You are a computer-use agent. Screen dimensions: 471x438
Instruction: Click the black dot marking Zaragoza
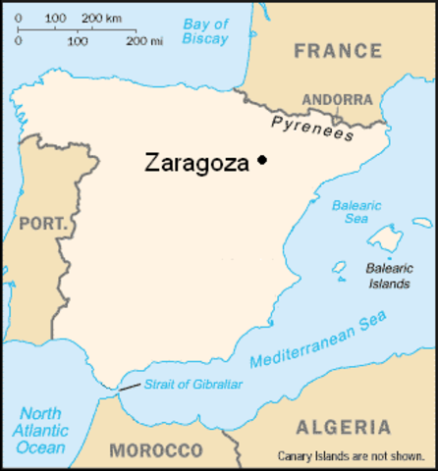[x=262, y=160]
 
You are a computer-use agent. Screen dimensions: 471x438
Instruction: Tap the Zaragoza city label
[x=196, y=162]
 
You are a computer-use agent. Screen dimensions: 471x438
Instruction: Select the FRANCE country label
[x=337, y=50]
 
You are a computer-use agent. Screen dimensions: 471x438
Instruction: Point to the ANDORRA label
[x=337, y=99]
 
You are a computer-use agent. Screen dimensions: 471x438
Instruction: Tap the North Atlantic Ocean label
[x=40, y=431]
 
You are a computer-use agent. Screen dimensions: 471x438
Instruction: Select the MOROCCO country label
[x=155, y=450]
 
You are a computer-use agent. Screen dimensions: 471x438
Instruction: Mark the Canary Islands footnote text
[x=355, y=456]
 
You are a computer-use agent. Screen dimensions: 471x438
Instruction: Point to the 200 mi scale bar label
[x=143, y=42]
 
